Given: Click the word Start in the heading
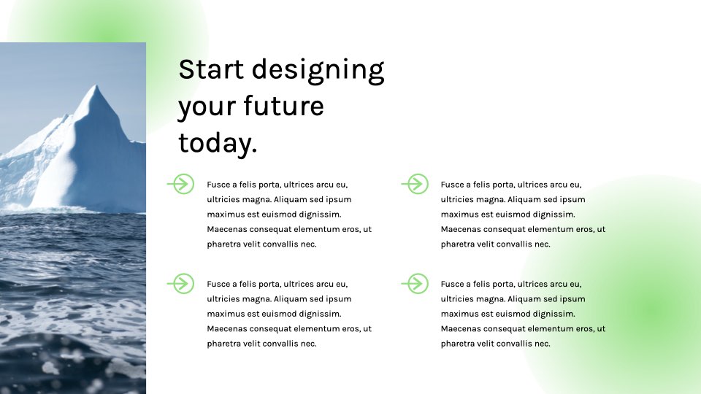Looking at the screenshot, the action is (x=211, y=69).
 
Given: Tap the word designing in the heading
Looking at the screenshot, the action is (x=318, y=71).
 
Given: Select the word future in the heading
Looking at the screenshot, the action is (x=283, y=106).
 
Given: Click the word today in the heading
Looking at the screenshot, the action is (x=215, y=142).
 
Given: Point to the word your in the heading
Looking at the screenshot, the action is (x=207, y=109).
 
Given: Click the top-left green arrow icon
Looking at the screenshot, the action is (x=180, y=184).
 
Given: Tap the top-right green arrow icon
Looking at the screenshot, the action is (x=415, y=184).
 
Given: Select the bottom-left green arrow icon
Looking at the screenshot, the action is (x=180, y=283).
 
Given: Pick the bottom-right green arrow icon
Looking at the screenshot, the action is (x=415, y=283).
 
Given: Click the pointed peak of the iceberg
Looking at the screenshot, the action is (x=96, y=85).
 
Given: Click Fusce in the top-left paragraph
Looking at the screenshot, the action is (x=218, y=185).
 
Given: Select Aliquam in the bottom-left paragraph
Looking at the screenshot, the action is (x=290, y=299).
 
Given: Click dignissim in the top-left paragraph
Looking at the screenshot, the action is (x=320, y=215).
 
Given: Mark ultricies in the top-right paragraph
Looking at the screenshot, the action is (x=456, y=199).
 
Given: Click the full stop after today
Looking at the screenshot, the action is (x=254, y=151).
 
